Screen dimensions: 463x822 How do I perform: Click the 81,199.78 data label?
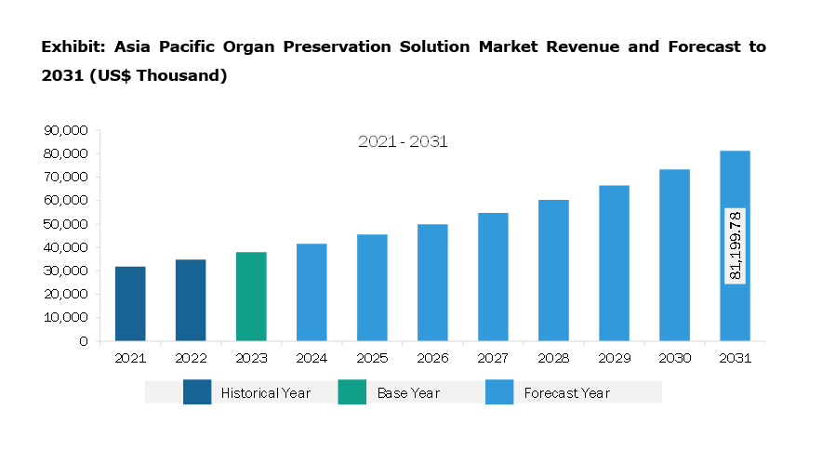click(735, 245)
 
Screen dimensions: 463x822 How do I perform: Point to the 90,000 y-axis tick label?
click(66, 130)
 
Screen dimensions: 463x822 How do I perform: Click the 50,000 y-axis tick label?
click(66, 224)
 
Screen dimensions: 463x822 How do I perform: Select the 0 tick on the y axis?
click(84, 341)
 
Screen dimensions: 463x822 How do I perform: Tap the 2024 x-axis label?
click(312, 358)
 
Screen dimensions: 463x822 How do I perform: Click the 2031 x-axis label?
click(735, 358)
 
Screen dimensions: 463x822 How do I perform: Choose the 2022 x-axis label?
click(191, 358)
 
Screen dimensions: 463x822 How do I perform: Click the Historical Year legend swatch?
click(197, 392)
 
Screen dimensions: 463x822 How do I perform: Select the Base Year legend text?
click(408, 393)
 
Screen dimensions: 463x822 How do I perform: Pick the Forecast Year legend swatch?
click(499, 392)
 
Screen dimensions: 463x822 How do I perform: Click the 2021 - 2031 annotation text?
click(403, 142)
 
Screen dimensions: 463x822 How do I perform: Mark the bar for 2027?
click(493, 276)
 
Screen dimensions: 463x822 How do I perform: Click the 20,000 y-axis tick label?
click(66, 294)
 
